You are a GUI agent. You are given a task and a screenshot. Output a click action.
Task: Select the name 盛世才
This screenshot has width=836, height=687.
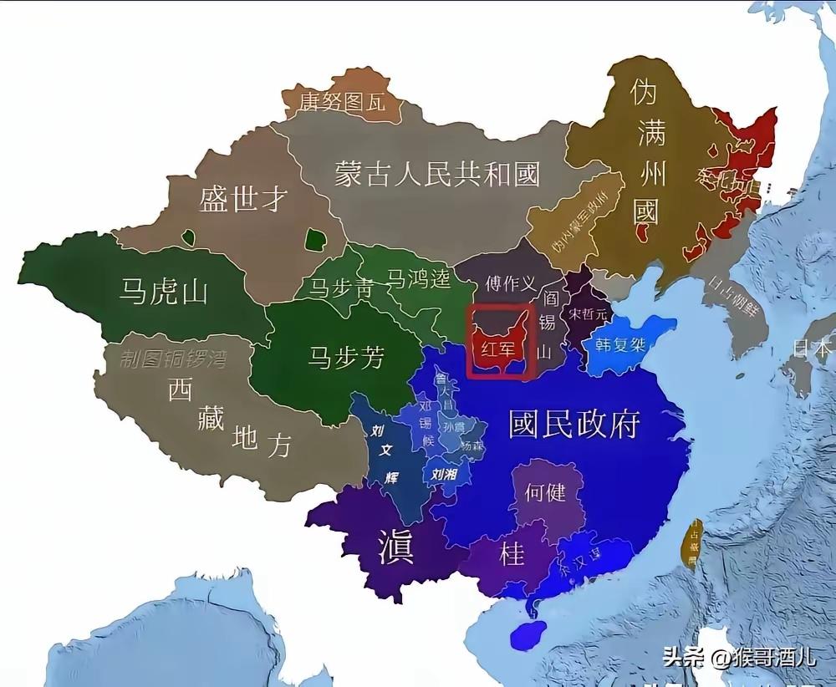coord(243,199)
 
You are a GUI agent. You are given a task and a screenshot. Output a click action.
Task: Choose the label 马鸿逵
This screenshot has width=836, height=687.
coord(419,279)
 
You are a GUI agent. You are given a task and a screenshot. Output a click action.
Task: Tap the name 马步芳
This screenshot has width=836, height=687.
coord(346,357)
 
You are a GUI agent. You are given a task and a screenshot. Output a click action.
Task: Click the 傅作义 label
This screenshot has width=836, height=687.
coord(510,284)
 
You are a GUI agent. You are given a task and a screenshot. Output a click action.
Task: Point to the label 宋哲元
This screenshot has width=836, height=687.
coord(586,315)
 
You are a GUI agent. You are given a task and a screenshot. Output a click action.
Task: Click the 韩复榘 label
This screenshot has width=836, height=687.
coord(620,344)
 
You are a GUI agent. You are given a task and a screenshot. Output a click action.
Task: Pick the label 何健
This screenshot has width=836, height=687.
coord(545,492)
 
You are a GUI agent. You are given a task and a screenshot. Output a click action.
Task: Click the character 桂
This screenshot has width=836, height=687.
coord(511,553)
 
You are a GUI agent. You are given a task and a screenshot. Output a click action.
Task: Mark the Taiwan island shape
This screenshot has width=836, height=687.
coord(692,544)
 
